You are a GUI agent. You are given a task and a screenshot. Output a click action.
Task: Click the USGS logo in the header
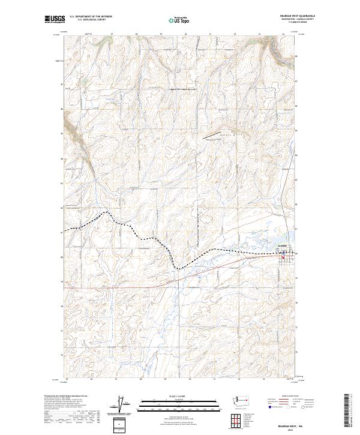point(55,20)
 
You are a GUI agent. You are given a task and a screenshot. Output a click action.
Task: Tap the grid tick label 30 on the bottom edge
point(190,379)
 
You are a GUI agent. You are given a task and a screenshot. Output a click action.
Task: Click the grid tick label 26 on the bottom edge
point(91,379)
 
